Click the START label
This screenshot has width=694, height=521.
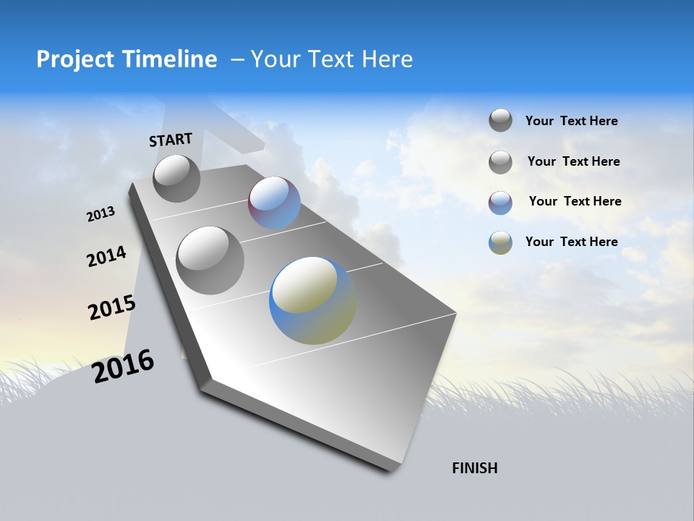[171, 140]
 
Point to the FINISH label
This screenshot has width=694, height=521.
[475, 468]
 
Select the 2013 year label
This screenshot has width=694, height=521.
[100, 214]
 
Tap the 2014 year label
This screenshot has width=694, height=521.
[106, 256]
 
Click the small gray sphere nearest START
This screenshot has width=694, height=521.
[176, 178]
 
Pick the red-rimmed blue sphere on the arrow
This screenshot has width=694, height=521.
[275, 203]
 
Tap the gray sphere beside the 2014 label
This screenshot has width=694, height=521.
[210, 260]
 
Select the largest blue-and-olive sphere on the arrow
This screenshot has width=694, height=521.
[312, 300]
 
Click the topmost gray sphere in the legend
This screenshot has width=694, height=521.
[500, 120]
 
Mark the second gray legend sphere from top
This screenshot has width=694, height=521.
[500, 162]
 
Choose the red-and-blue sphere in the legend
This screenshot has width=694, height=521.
[500, 203]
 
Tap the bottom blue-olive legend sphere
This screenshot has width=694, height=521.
[500, 242]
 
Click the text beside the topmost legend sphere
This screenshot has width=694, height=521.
[571, 121]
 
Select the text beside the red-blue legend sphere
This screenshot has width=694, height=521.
[575, 201]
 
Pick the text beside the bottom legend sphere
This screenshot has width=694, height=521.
[571, 242]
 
